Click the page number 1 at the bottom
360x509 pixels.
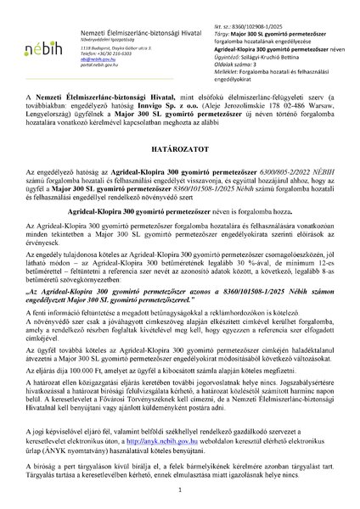click(180, 490)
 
